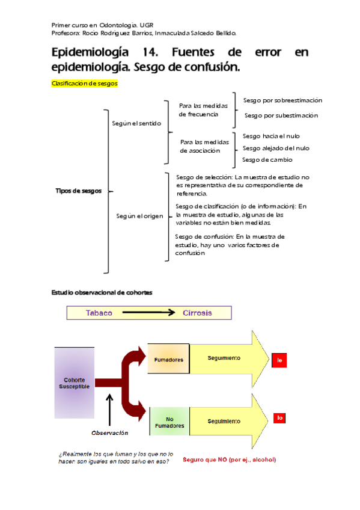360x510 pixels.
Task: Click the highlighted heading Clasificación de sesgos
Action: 85,84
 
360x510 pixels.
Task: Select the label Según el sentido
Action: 136,123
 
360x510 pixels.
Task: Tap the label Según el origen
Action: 139,216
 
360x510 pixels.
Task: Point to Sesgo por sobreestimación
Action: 282,100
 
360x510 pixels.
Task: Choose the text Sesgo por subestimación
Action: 281,115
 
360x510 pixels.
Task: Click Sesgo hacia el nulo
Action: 271,137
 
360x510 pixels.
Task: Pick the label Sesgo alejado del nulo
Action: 276,148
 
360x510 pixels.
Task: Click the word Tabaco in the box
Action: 99,313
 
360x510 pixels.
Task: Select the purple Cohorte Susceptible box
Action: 75,383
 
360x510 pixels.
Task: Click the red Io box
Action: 279,417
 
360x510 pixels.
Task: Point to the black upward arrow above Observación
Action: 109,410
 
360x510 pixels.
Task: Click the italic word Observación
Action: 109,432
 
